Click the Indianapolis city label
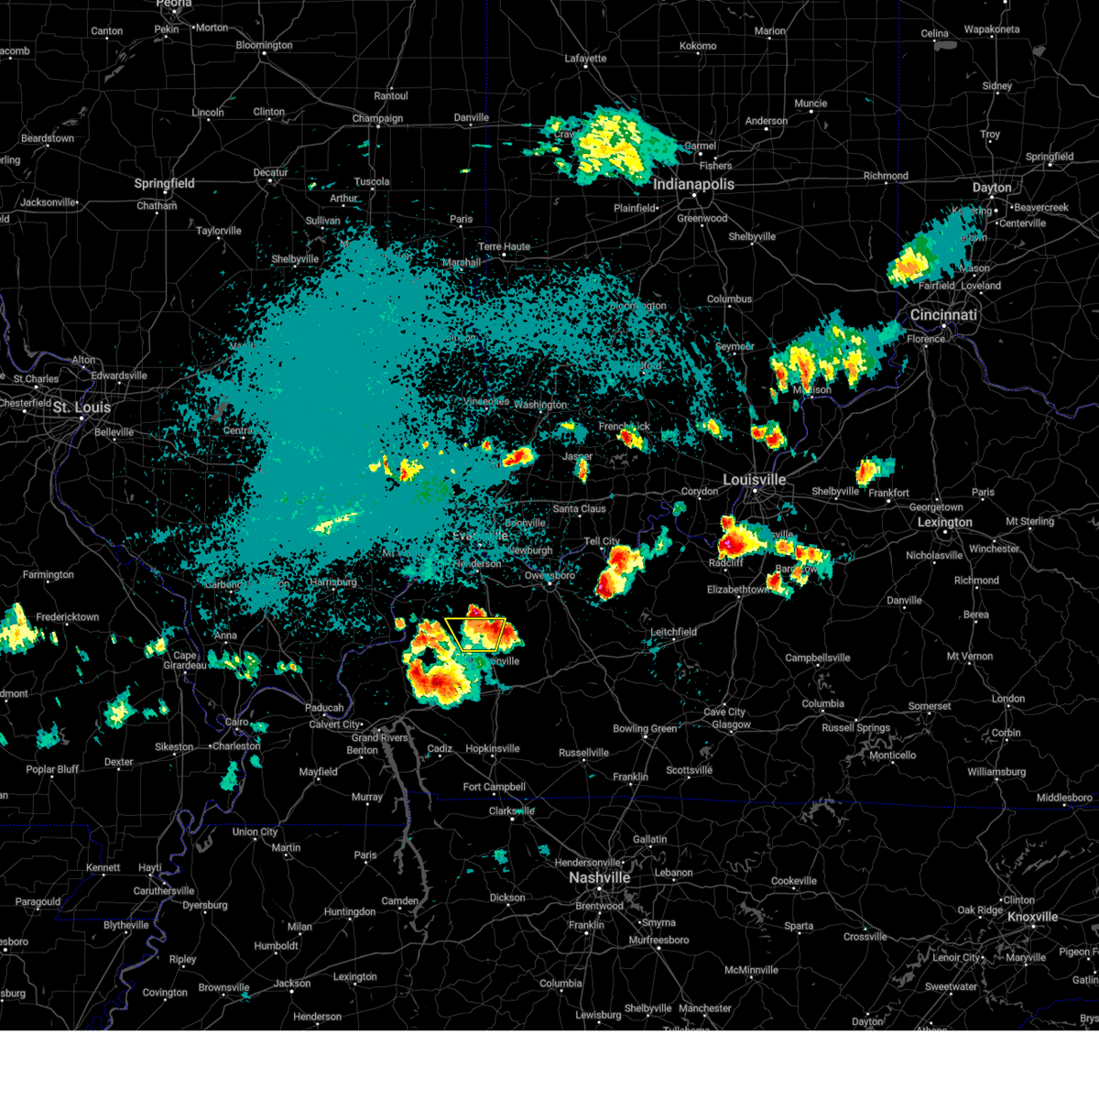[693, 184]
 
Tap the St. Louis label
[82, 408]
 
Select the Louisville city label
[754, 480]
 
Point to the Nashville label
[599, 877]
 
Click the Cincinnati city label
[943, 315]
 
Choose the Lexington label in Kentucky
[945, 522]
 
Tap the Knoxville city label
[1032, 917]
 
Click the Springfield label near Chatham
[165, 183]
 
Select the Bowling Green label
[645, 729]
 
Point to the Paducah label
[324, 708]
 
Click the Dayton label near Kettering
[992, 188]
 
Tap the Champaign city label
[377, 118]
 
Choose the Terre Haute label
[504, 246]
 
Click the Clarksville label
[512, 811]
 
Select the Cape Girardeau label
[185, 660]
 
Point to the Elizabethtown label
[737, 590]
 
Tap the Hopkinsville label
[492, 748]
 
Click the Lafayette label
[585, 59]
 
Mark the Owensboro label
[549, 576]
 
